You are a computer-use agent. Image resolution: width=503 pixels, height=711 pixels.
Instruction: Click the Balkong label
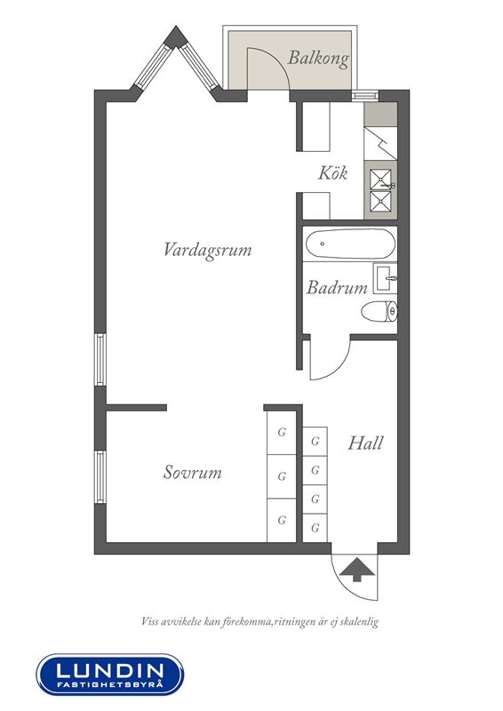[318, 58]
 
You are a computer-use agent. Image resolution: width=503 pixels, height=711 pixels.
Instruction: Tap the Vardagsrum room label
[207, 250]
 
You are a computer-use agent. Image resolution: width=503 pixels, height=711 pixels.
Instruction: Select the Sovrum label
[192, 472]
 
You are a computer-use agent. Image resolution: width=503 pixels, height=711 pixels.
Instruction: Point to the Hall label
[365, 443]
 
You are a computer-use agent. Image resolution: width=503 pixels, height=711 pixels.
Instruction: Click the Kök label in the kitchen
[333, 172]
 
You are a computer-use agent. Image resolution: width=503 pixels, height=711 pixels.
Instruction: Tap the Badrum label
[337, 287]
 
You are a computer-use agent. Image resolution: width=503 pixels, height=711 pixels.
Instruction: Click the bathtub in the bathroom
[349, 244]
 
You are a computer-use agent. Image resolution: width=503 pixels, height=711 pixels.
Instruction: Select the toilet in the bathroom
[379, 312]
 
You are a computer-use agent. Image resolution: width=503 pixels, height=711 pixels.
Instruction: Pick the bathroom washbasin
[385, 277]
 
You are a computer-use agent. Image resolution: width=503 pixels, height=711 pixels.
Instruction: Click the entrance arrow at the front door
[357, 570]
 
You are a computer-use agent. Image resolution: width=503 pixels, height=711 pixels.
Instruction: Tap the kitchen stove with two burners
[380, 190]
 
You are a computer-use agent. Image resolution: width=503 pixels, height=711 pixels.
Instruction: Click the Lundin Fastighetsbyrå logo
[110, 675]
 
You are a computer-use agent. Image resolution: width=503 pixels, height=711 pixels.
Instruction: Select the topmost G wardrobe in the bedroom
[281, 432]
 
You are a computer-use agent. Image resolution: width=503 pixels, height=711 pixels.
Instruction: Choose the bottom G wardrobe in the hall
[315, 528]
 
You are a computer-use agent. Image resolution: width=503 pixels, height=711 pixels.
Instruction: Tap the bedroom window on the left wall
[100, 476]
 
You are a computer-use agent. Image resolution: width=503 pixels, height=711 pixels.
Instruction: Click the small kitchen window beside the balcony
[365, 96]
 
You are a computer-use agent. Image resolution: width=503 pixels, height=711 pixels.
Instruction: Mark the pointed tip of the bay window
[175, 27]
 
